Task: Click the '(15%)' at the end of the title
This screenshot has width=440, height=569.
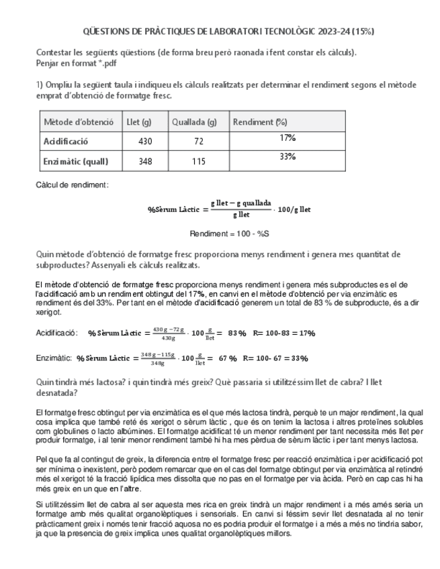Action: click(x=361, y=32)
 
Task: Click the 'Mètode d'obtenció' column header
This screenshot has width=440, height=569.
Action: click(x=78, y=122)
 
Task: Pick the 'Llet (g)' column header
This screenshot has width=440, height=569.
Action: click(x=140, y=122)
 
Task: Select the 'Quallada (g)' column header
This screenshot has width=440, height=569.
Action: click(x=194, y=122)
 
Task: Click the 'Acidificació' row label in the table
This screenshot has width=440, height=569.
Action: click(x=66, y=142)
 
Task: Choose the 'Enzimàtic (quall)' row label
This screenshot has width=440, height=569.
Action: click(x=75, y=162)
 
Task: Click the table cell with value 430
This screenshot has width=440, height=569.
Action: click(x=144, y=142)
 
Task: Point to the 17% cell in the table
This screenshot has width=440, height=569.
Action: click(x=288, y=138)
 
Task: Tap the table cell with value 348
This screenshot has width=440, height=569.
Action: click(x=144, y=162)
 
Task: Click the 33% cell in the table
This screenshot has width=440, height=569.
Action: click(x=288, y=157)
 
